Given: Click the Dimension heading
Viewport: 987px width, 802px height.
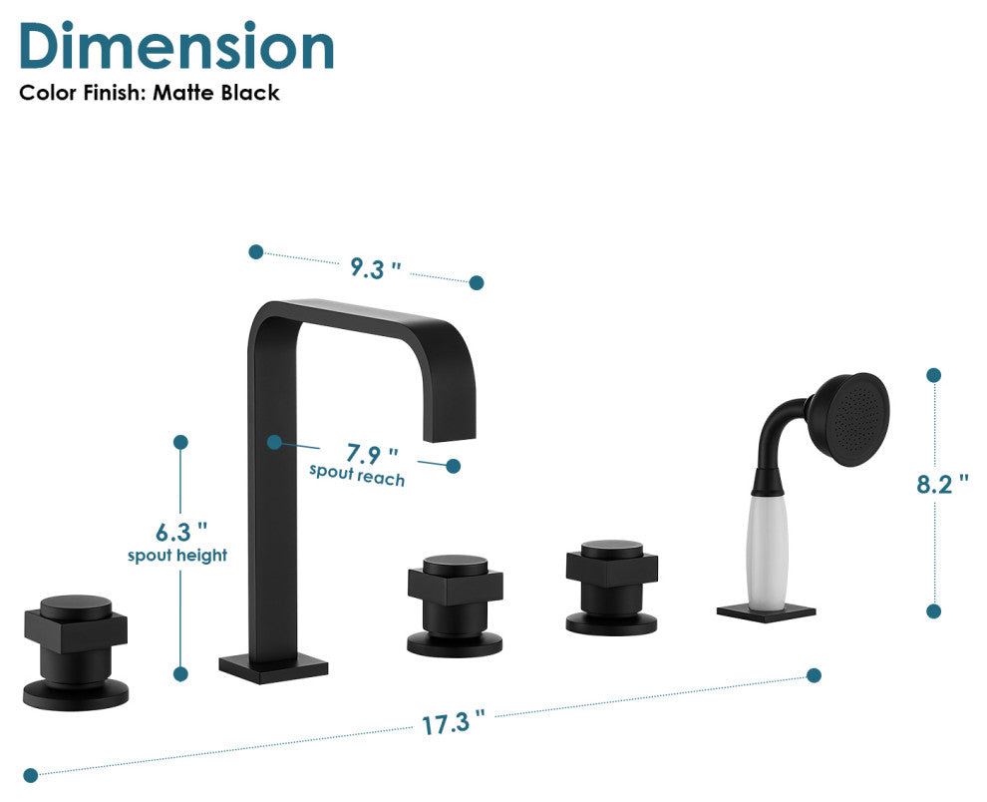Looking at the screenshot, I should (176, 46).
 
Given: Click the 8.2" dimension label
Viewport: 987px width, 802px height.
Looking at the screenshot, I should (942, 484).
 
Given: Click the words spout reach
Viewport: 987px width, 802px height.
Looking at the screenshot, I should (357, 476).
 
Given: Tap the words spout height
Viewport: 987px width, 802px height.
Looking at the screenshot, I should (177, 555).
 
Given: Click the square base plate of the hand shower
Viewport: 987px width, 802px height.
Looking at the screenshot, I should (766, 611).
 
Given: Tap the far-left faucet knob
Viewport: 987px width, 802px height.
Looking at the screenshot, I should (76, 648).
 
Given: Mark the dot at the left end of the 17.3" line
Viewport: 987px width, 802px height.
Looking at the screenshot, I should (31, 774).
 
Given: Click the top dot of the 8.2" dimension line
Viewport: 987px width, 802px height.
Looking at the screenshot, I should (934, 375).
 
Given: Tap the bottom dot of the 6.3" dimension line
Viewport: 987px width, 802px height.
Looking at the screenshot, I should (180, 674).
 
